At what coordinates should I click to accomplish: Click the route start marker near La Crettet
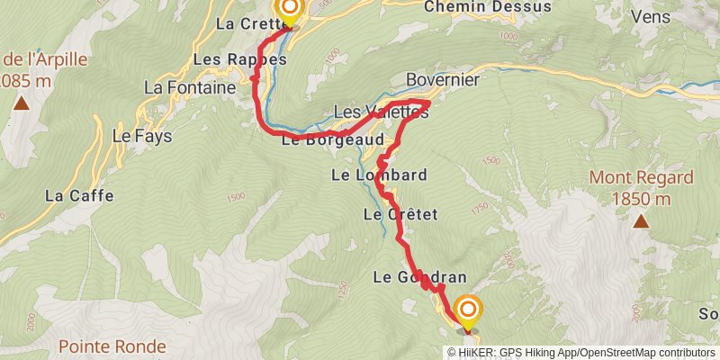coord(290,10)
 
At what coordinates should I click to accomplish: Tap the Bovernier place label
coord(442,80)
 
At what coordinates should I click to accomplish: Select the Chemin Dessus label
coord(473,7)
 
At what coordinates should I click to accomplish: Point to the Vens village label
coord(651,17)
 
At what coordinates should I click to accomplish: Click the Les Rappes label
coord(239,59)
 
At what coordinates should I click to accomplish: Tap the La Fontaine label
coord(189,88)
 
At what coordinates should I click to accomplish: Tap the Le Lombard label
coord(379,174)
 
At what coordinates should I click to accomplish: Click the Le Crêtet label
coord(400,214)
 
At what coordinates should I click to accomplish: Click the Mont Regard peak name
coord(641,178)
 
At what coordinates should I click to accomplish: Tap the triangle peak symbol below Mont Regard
coord(641,220)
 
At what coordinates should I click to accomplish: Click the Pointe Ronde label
coord(112,346)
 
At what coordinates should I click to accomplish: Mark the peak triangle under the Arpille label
coord(21,103)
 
